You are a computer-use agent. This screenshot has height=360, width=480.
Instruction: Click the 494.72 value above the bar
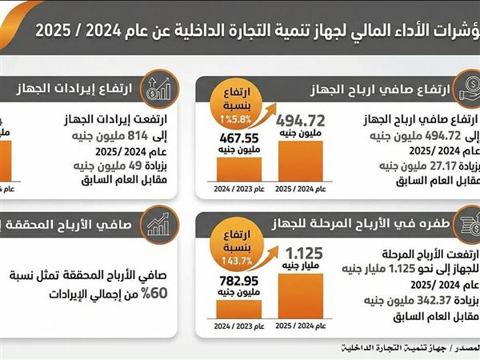coord(300,121)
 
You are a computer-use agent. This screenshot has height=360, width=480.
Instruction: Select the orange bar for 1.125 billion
coord(301,295)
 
